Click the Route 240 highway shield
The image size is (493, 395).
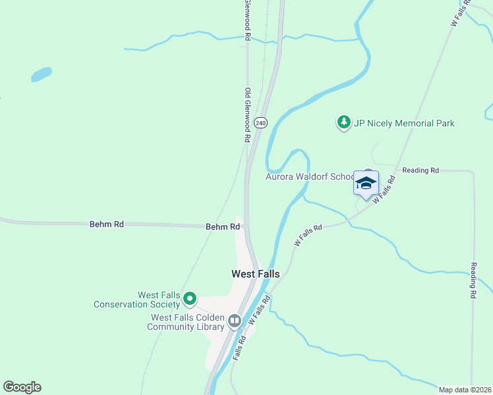260,123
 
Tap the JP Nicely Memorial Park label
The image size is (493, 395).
404,123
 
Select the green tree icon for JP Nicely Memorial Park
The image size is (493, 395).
343,122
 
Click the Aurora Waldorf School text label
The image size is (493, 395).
310,176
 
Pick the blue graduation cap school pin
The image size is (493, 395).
366,183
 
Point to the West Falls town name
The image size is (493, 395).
255,274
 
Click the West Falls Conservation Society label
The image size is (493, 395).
137,300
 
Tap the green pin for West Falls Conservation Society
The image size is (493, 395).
190,300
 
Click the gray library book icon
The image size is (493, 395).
235,321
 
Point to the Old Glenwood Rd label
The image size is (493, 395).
248,115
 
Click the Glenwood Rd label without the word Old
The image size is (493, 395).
248,21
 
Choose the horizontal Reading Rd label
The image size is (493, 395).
420,170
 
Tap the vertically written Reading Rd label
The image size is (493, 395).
473,281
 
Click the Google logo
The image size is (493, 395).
22,387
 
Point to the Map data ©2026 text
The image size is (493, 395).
465,390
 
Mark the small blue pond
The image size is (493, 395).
41,74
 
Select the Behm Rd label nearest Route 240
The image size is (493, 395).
222,226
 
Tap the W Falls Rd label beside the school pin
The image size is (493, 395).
384,189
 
